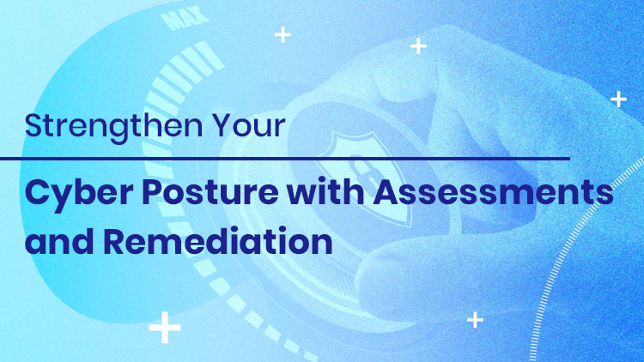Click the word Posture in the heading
pos(210,192)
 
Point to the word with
pos(325,191)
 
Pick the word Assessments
pos(493,192)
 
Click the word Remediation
pos(218,240)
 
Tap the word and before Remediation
pos(59,240)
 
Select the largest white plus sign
pos(165,327)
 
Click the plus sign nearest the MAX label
pos(283,34)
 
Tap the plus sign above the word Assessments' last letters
pos(618,100)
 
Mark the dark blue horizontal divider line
pos(285,159)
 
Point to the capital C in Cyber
pos(39,192)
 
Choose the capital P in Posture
pos(153,192)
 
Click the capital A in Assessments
pos(387,192)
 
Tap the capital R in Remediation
pos(115,241)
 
